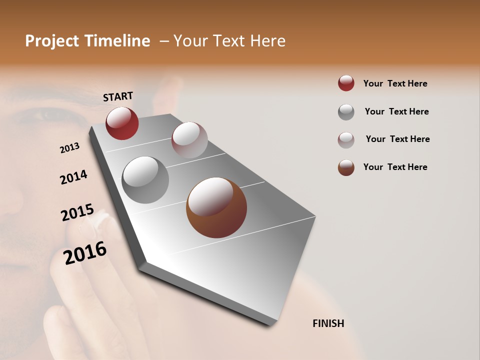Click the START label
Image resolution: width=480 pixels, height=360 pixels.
point(118,96)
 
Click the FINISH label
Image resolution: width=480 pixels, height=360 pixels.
point(328,323)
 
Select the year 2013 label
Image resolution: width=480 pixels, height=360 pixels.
point(69,148)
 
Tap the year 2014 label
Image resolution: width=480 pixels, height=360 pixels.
point(73,177)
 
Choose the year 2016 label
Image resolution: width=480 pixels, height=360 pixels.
point(85,253)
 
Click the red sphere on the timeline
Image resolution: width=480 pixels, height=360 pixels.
point(122,123)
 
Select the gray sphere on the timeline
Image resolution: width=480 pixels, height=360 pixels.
point(145,180)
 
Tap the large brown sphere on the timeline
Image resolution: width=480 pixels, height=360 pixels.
point(216,207)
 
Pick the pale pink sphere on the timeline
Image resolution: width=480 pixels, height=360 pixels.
point(189,140)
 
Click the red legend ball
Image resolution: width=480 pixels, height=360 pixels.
point(346,83)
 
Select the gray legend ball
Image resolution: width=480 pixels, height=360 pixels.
point(346,111)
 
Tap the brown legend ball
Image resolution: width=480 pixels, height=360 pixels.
point(346,167)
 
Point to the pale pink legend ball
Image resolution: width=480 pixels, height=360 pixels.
point(346,139)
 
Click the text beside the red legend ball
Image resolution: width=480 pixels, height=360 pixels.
point(395,83)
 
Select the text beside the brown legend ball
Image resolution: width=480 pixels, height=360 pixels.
point(395,167)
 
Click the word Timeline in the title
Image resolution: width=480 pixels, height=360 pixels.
point(117,41)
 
